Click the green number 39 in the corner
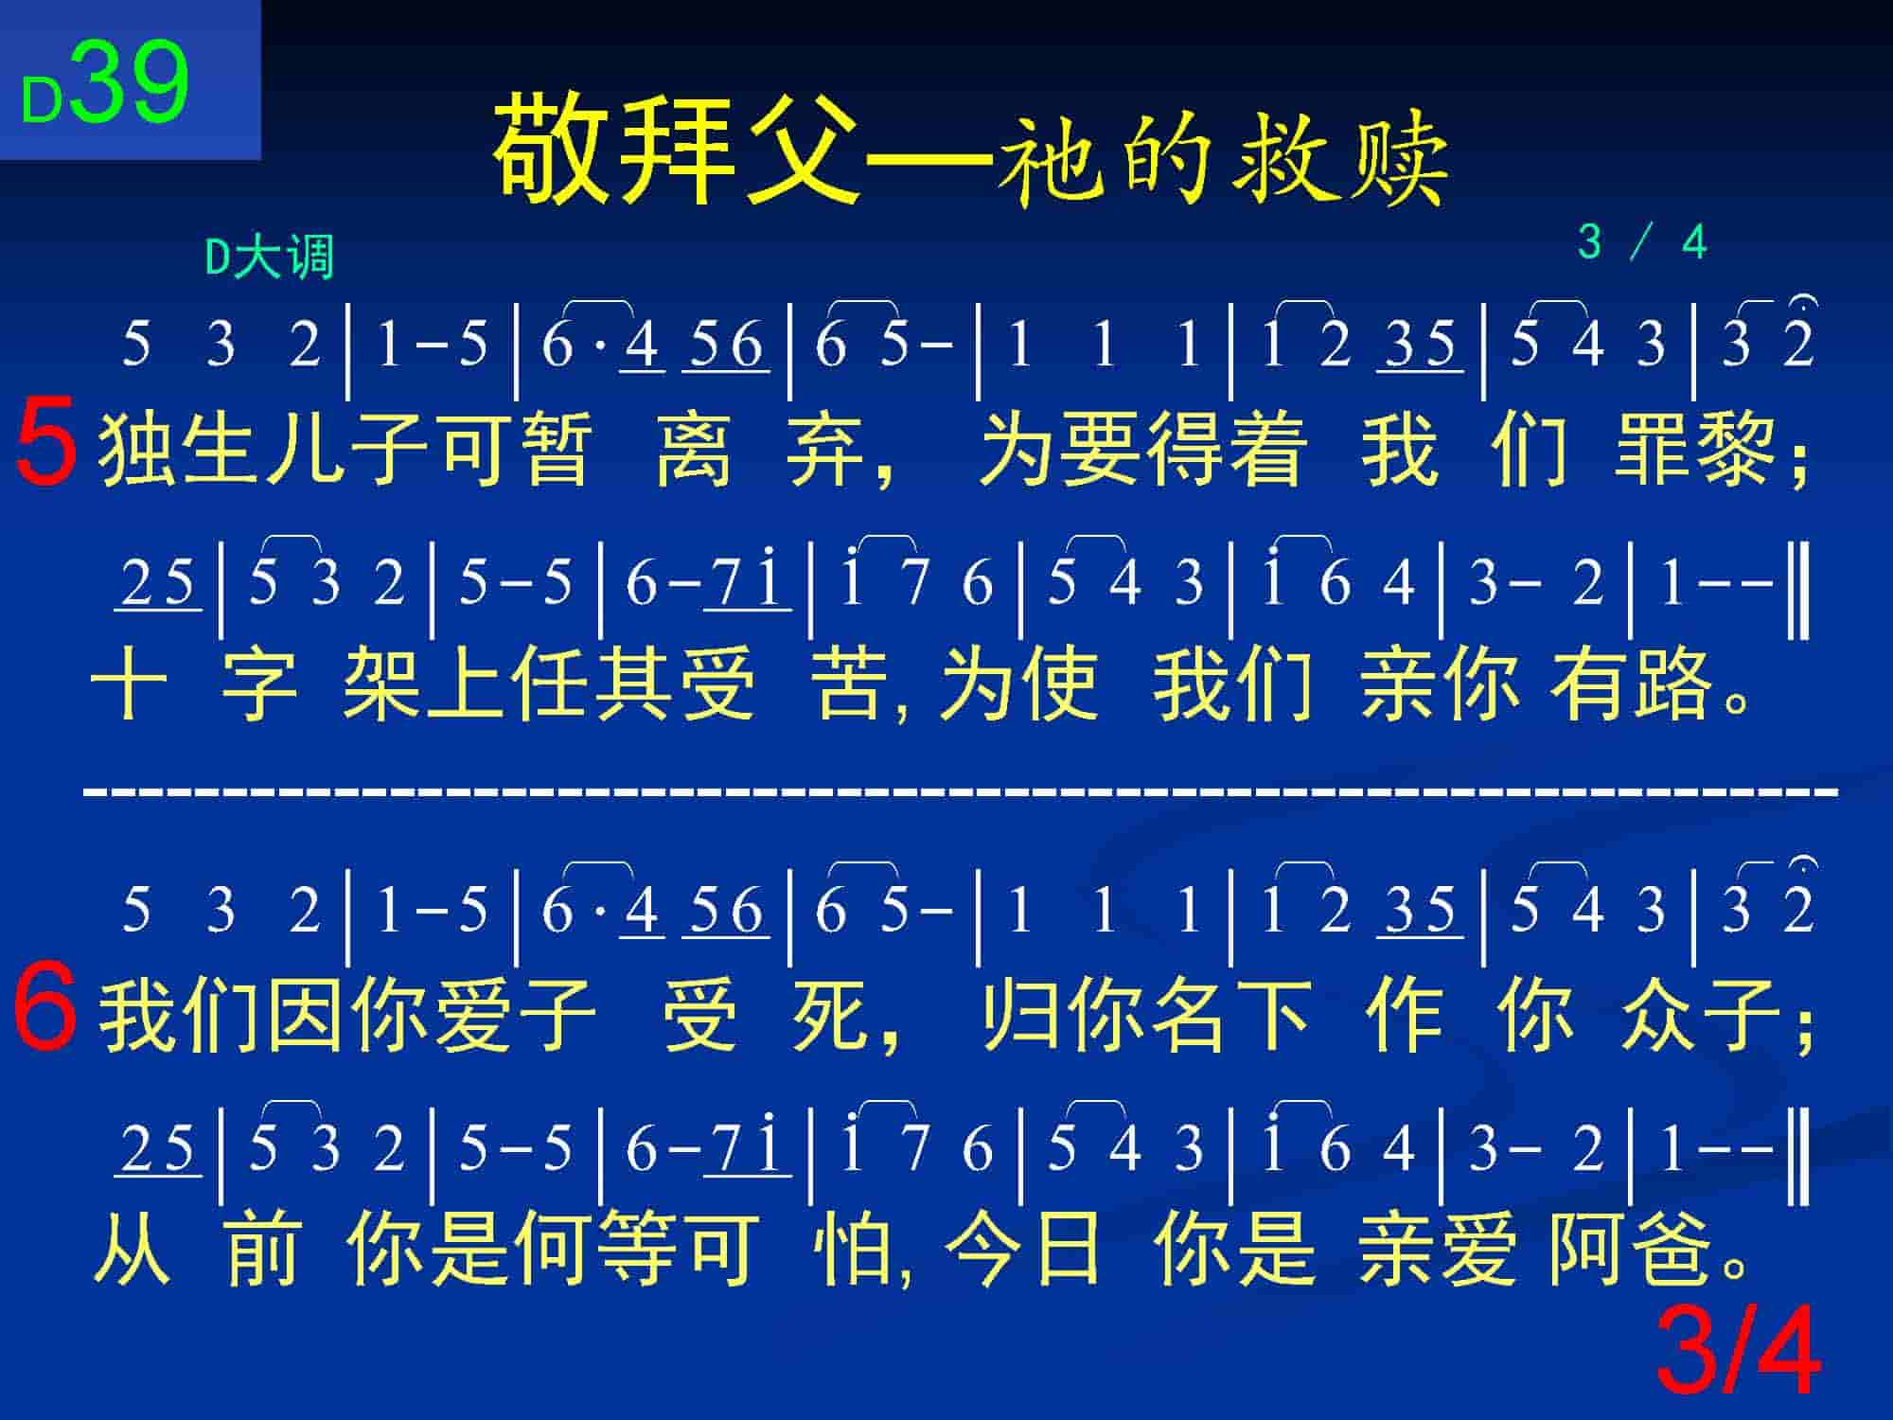point(130,82)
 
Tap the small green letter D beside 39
point(43,100)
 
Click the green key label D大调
point(270,257)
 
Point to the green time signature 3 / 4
point(1642,242)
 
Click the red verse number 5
point(44,449)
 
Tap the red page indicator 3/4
point(1739,1351)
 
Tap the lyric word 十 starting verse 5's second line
point(130,683)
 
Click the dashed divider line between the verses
point(961,789)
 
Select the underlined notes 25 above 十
point(158,582)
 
